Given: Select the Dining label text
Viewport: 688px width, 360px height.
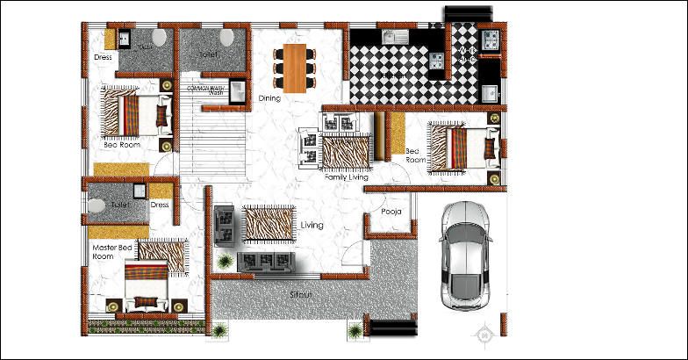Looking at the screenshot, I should tap(269, 98).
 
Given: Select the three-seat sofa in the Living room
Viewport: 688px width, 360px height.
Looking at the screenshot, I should tap(264, 261).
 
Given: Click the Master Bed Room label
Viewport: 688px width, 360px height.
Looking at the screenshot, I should tap(112, 253).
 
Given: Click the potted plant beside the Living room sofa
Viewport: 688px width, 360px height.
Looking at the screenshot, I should tap(226, 262).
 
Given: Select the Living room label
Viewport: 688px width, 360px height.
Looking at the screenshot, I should tap(312, 226).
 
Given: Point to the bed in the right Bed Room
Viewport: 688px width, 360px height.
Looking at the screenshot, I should tap(460, 147).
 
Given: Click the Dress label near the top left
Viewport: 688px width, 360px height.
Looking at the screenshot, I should tap(103, 58).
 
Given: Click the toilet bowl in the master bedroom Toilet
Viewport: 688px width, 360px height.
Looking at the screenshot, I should tap(97, 205).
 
